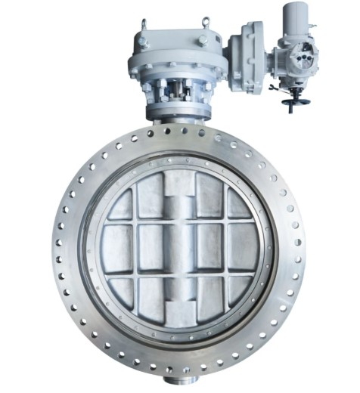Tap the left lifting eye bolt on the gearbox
click(143, 26)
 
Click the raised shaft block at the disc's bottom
click(180, 308)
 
